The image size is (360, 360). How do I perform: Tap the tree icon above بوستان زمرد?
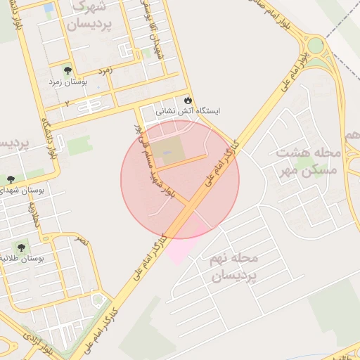click(67, 70)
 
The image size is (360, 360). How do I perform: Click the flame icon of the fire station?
click(187, 100)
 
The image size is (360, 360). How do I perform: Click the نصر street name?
click(82, 240)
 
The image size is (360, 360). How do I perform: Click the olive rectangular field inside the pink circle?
click(167, 148)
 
